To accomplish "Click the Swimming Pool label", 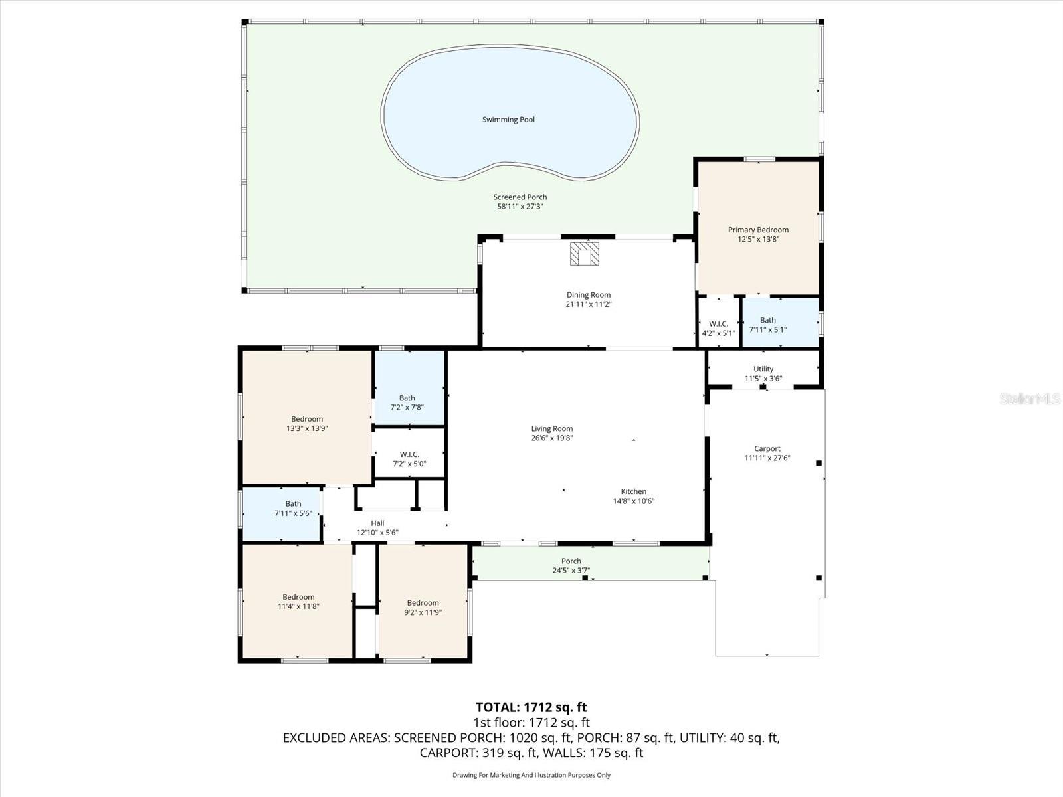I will point(508,120).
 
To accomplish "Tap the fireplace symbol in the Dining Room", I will point(585,254).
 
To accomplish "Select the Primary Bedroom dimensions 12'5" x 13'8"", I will point(758,240).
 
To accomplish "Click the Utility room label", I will point(763,369).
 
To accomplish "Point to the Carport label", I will point(767,449).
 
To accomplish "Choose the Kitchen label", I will point(633,492).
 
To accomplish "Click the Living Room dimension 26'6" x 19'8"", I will point(551,438).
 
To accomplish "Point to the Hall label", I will point(377,523).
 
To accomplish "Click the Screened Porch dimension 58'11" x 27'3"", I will point(520,207).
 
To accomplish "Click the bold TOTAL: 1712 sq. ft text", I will point(531,707).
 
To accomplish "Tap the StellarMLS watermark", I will point(1029,399).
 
